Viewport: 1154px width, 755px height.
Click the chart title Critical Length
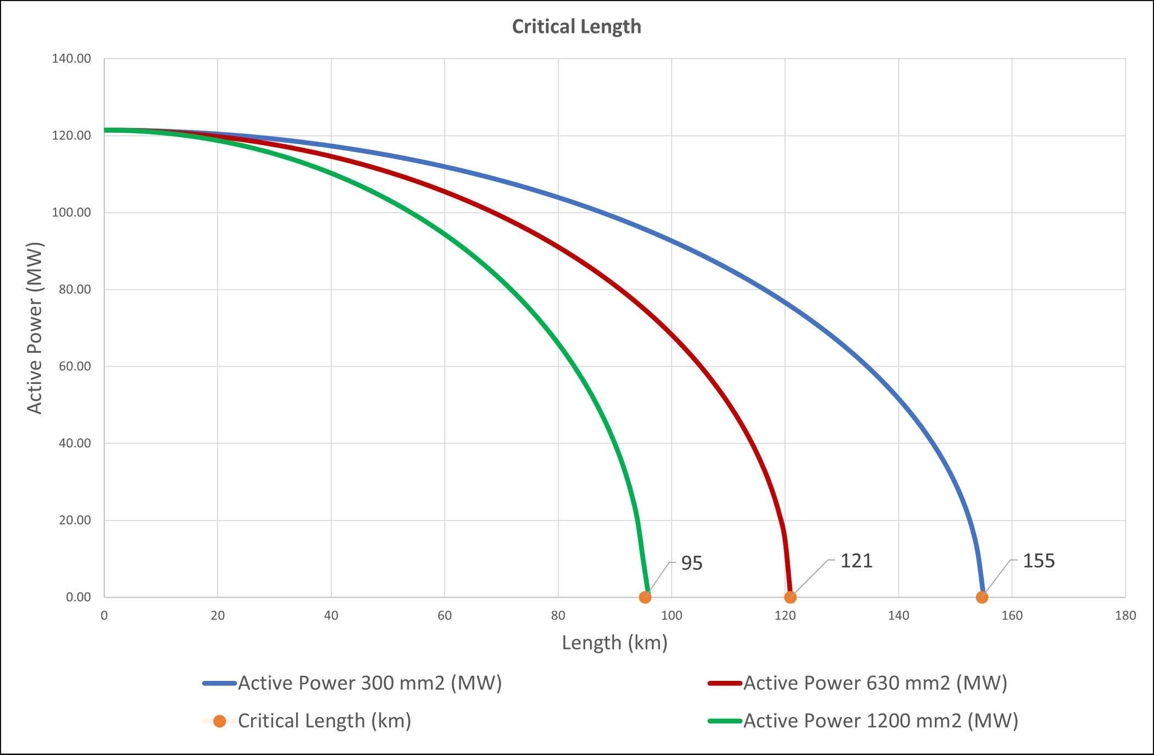(576, 26)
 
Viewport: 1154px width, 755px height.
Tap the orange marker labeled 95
(645, 597)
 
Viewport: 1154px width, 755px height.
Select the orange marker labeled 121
(790, 597)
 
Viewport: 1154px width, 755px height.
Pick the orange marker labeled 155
(982, 597)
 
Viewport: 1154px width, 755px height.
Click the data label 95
(691, 563)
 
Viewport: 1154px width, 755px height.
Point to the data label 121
(856, 561)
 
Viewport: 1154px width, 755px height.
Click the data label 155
(1039, 561)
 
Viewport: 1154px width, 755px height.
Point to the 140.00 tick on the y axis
(71, 59)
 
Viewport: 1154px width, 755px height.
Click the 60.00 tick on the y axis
(75, 366)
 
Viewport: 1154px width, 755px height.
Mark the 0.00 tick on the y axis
(78, 597)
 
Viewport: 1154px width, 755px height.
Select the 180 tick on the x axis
(1125, 616)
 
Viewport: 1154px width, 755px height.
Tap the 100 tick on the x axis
(672, 616)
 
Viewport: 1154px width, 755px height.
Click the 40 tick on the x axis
(331, 616)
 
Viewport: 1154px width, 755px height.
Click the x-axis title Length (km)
(614, 642)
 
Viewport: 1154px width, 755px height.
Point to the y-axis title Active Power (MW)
(35, 328)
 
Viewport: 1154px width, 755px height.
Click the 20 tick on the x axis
(218, 616)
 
